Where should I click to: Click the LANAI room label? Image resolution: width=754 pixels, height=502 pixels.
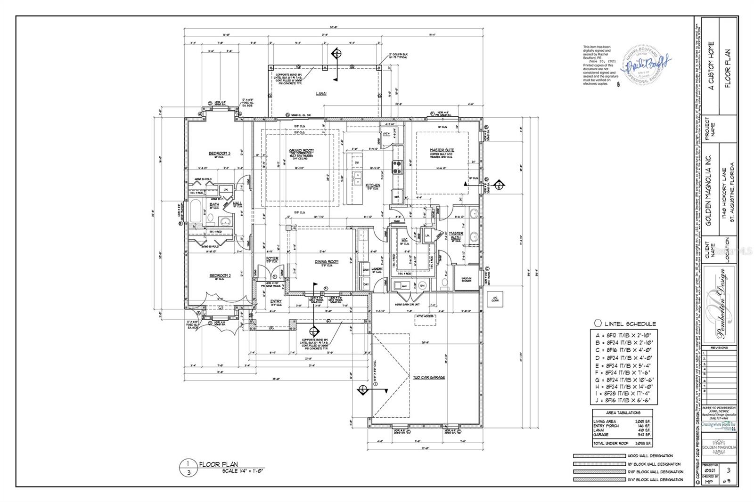click(x=321, y=94)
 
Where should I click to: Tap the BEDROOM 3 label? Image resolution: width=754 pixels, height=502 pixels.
click(x=220, y=153)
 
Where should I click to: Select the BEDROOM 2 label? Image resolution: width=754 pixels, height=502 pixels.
click(x=220, y=275)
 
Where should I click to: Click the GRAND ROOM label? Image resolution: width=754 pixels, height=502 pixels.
click(x=302, y=150)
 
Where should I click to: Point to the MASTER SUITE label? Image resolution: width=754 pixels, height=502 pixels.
click(x=442, y=150)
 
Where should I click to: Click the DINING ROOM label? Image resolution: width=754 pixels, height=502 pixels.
click(x=327, y=261)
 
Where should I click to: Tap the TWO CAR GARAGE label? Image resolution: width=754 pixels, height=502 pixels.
click(x=429, y=377)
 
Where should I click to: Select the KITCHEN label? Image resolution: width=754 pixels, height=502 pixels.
click(x=373, y=186)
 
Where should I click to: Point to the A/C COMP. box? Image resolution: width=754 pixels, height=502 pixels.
click(x=495, y=300)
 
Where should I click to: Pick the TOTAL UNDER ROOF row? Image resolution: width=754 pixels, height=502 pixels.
click(x=622, y=444)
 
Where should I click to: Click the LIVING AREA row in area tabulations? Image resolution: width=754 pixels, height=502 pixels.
click(x=622, y=421)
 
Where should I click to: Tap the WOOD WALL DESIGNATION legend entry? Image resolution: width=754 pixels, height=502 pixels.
click(x=649, y=456)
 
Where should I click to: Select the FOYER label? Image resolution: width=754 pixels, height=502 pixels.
click(x=272, y=259)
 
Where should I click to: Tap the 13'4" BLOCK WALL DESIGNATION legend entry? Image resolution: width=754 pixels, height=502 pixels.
click(x=655, y=479)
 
